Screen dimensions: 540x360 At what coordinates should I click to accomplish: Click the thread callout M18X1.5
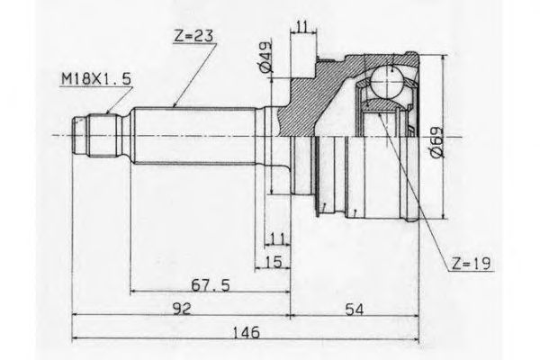[x=96, y=79]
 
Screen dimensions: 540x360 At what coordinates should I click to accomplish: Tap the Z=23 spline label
[x=193, y=36]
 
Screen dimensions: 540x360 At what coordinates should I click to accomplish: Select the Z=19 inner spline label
[x=471, y=264]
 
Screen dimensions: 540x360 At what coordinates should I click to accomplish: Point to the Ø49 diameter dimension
[x=265, y=58]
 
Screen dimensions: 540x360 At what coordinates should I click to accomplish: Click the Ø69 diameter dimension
[x=436, y=142]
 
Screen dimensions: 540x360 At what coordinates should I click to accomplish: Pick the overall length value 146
[x=247, y=333]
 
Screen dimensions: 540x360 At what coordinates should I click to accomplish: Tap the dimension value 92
[x=182, y=309]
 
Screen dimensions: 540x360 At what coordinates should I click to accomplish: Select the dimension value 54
[x=354, y=310]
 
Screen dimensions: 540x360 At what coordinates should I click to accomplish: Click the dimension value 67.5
[x=211, y=285]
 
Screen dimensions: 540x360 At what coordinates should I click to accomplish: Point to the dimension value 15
[x=274, y=262]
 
